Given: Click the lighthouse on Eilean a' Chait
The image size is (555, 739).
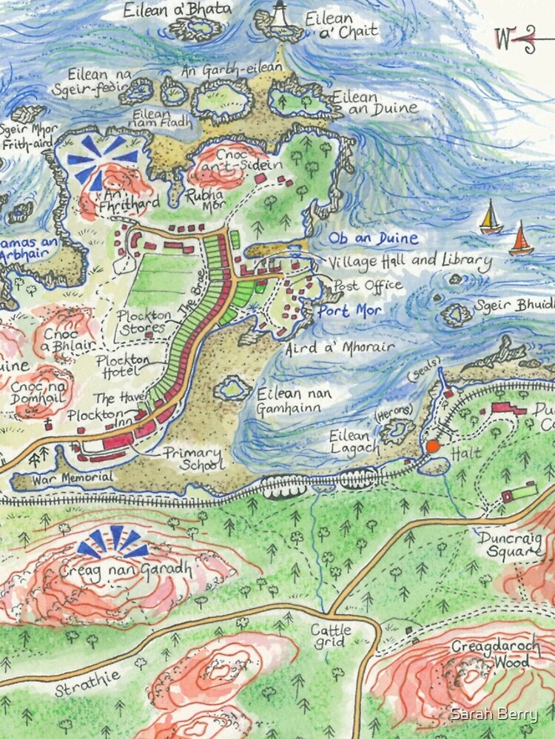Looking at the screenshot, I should click(280, 14).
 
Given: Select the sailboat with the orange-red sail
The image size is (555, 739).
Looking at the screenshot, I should click(521, 240).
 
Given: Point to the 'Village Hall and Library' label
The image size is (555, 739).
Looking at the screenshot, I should click(409, 261).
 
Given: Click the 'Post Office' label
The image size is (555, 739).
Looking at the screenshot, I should click(368, 285).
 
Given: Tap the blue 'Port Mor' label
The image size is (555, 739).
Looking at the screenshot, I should click(349, 311).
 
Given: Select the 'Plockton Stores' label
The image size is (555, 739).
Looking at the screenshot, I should click(145, 321).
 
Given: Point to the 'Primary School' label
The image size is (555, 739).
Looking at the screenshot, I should click(192, 459).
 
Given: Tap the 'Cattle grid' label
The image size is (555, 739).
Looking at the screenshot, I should click(331, 636).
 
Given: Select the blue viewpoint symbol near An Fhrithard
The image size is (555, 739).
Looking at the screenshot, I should click(101, 157).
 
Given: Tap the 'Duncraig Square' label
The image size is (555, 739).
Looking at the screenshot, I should click(510, 543).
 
